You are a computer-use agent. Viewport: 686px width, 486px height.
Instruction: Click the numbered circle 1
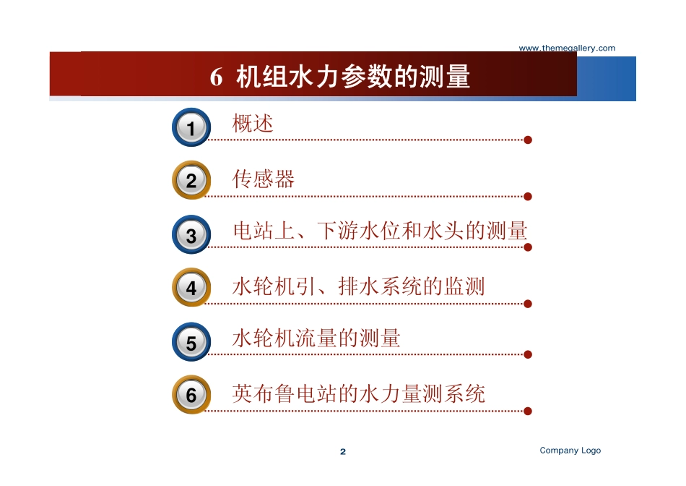pyautogui.click(x=191, y=129)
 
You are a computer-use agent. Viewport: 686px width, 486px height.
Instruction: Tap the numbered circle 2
pyautogui.click(x=191, y=180)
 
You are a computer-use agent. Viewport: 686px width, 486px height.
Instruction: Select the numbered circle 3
pyautogui.click(x=191, y=235)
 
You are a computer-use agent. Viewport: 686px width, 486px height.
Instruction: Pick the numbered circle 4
pyautogui.click(x=191, y=288)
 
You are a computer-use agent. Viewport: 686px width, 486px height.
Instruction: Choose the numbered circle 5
pyautogui.click(x=191, y=342)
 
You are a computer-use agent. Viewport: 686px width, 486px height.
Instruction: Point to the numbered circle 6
pyautogui.click(x=191, y=395)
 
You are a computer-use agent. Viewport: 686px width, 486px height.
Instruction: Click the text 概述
pyautogui.click(x=253, y=124)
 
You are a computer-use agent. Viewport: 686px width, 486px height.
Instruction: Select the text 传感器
pyautogui.click(x=264, y=179)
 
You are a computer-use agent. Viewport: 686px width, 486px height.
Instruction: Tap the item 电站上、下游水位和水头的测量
pyautogui.click(x=380, y=231)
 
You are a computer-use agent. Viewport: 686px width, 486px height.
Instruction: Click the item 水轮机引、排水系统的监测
pyautogui.click(x=358, y=286)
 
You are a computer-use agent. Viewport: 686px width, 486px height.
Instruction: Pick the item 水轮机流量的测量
pyautogui.click(x=316, y=338)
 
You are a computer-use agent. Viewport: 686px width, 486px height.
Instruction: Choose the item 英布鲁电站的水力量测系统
pyautogui.click(x=359, y=393)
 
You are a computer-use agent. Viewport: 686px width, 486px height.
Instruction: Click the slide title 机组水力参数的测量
pyautogui.click(x=354, y=77)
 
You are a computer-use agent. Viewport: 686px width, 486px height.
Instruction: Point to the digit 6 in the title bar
pyautogui.click(x=216, y=77)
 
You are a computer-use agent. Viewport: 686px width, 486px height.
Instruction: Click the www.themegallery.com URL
pyautogui.click(x=567, y=48)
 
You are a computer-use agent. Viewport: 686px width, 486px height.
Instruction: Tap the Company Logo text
pyautogui.click(x=570, y=451)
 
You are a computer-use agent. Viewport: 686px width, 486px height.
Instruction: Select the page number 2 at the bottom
pyautogui.click(x=343, y=452)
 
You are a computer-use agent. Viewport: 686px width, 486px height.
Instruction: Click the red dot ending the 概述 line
pyautogui.click(x=528, y=140)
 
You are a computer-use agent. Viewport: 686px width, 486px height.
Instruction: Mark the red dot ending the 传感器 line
pyautogui.click(x=528, y=196)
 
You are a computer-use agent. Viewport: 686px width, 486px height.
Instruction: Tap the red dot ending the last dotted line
pyautogui.click(x=528, y=411)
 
